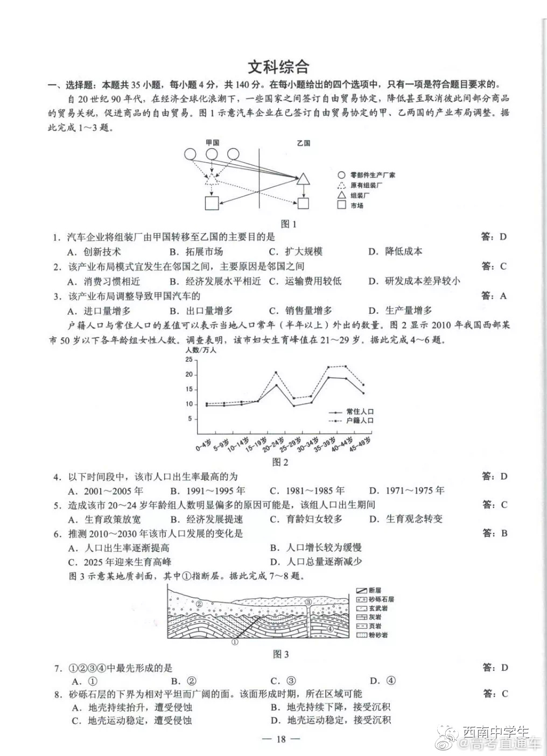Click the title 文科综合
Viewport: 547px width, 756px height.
tap(278, 67)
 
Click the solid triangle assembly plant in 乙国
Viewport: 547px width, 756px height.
tap(304, 179)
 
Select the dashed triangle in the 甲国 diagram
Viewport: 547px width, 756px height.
tap(212, 179)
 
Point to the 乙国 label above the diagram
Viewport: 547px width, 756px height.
tap(304, 143)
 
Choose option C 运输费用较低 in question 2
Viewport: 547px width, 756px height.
tap(306, 281)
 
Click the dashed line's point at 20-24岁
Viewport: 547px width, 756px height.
tap(276, 372)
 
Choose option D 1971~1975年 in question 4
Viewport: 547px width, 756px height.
tap(407, 491)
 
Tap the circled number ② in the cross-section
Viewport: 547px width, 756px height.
tap(199, 604)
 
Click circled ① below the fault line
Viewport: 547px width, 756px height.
tap(235, 641)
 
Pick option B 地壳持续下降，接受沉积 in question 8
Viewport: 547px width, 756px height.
tap(331, 707)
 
